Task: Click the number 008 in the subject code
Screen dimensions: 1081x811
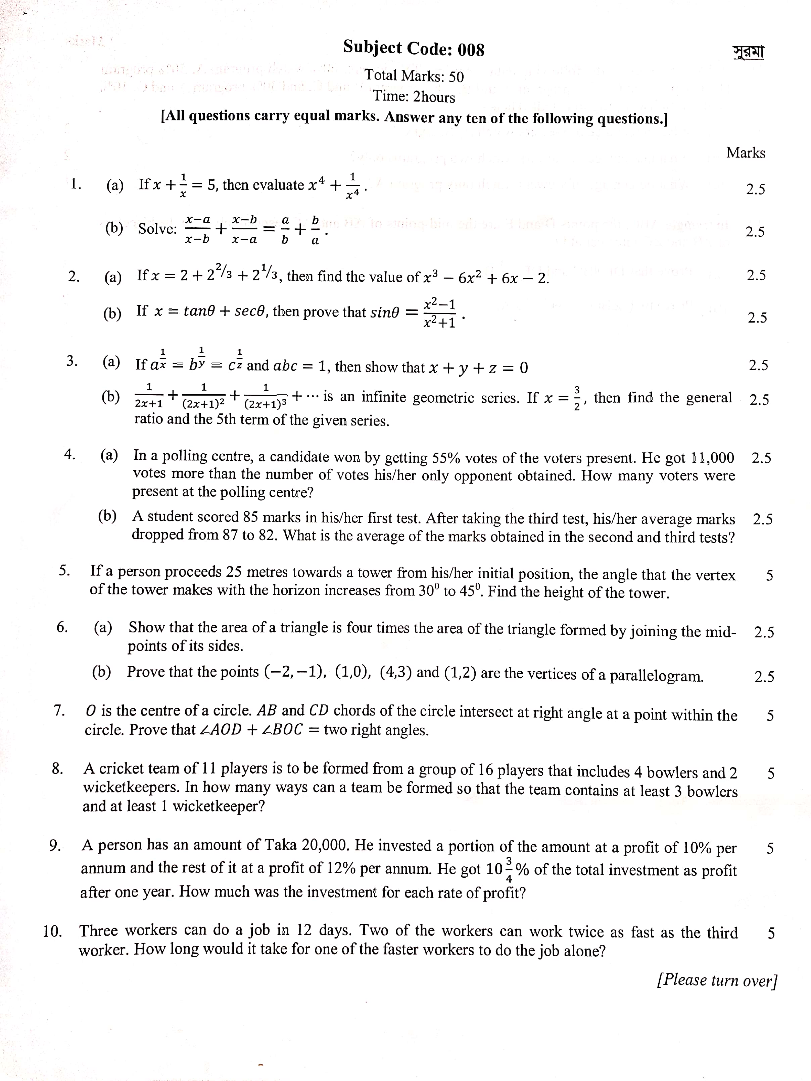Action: click(x=471, y=50)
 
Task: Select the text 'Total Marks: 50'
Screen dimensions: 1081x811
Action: click(x=414, y=76)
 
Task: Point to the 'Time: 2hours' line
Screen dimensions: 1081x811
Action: click(x=414, y=96)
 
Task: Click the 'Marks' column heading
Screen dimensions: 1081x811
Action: click(x=746, y=153)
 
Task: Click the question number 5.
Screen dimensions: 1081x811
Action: click(x=64, y=570)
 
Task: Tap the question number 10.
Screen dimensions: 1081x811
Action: click(x=52, y=931)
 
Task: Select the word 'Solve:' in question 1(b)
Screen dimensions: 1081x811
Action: click(x=157, y=229)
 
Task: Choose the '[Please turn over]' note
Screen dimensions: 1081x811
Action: click(x=717, y=980)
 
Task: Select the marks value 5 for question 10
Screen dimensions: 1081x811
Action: click(x=771, y=933)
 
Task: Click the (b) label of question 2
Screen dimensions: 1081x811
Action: click(x=112, y=313)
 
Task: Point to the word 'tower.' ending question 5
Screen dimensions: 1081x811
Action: click(x=649, y=593)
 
